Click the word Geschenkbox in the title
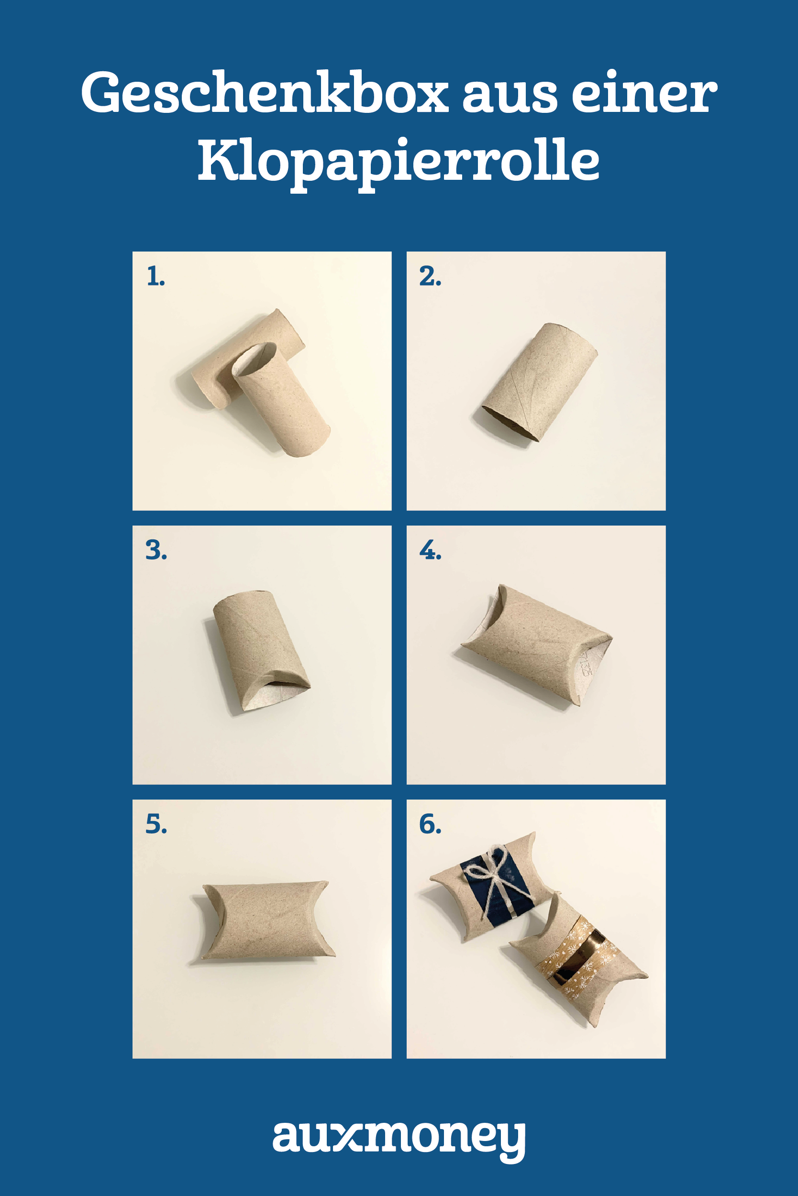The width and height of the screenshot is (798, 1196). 265,93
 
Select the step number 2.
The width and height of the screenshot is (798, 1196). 430,277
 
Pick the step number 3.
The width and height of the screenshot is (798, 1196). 156,550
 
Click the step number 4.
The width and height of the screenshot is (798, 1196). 431,550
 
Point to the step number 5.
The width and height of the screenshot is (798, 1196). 156,824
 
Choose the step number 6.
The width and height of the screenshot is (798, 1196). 431,824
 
